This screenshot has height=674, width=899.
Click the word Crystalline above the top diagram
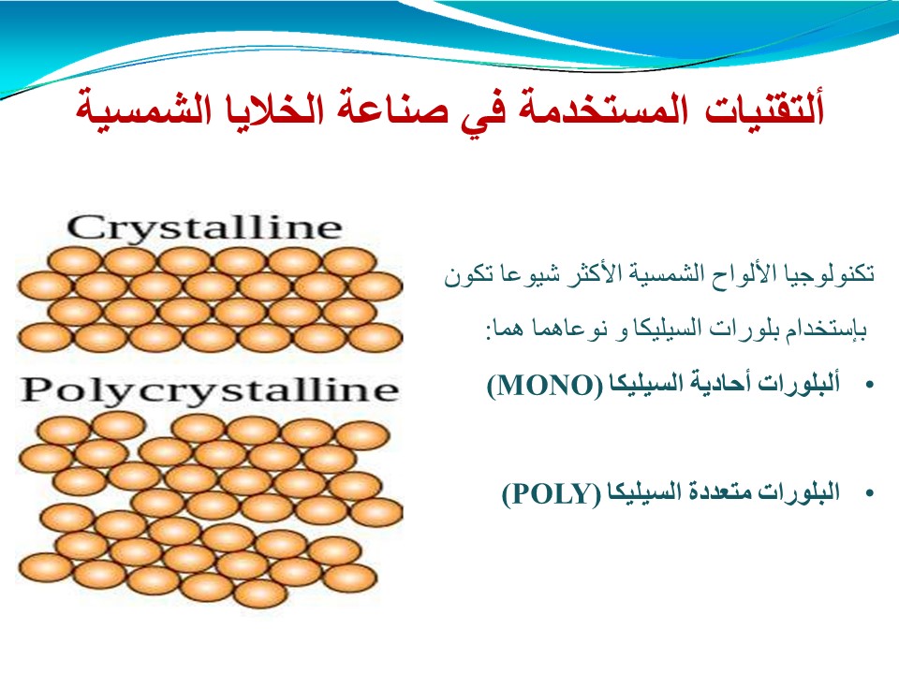205,228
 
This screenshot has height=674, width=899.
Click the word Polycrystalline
210,391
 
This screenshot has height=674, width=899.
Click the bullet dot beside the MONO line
870,385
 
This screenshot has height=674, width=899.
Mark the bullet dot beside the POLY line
870,493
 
